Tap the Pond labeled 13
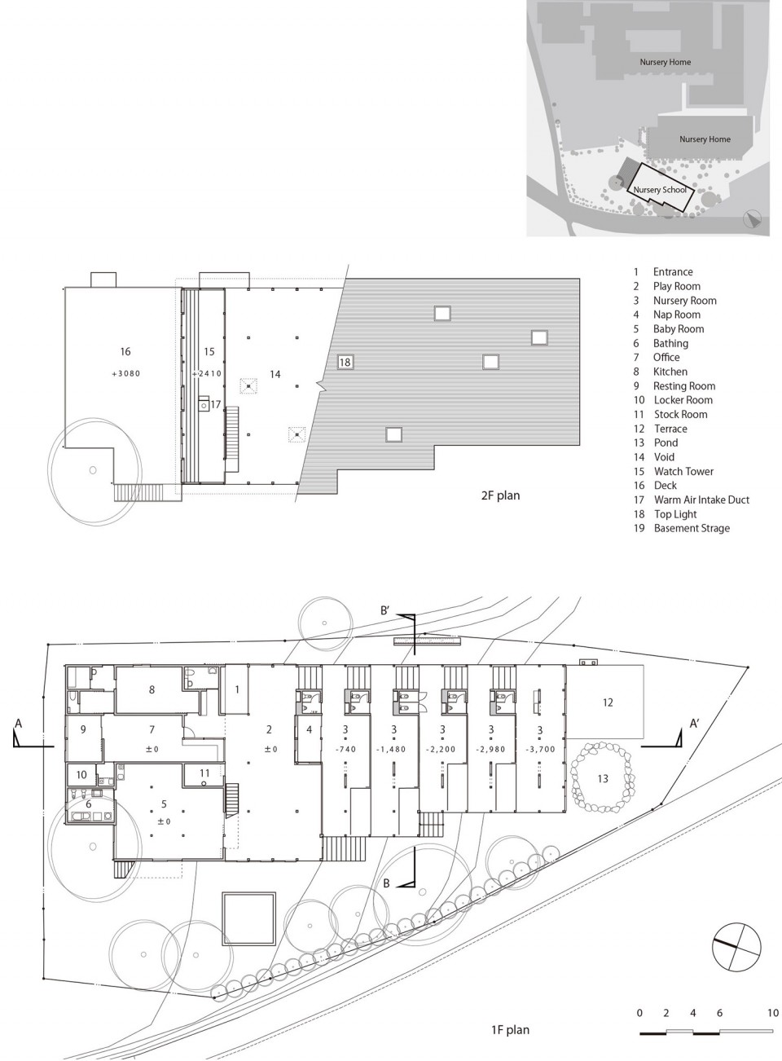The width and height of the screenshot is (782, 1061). tap(602, 777)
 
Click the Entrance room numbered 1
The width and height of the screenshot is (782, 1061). tap(237, 689)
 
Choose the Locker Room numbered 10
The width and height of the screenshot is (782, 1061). tap(81, 774)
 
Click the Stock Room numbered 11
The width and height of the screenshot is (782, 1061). tap(204, 774)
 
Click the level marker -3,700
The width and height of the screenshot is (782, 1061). tap(540, 750)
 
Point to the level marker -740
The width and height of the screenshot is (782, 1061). tap(345, 750)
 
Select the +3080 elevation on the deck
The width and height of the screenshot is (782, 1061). tap(126, 373)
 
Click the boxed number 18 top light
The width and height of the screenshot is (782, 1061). tap(345, 362)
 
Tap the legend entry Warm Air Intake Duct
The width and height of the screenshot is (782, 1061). tap(701, 500)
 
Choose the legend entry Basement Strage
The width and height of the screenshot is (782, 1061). tap(692, 528)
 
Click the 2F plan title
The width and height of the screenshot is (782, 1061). tap(500, 495)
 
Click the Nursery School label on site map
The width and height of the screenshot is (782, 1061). tap(660, 189)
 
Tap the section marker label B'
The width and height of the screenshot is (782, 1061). tap(384, 610)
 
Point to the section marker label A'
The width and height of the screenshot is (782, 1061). tap(694, 724)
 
